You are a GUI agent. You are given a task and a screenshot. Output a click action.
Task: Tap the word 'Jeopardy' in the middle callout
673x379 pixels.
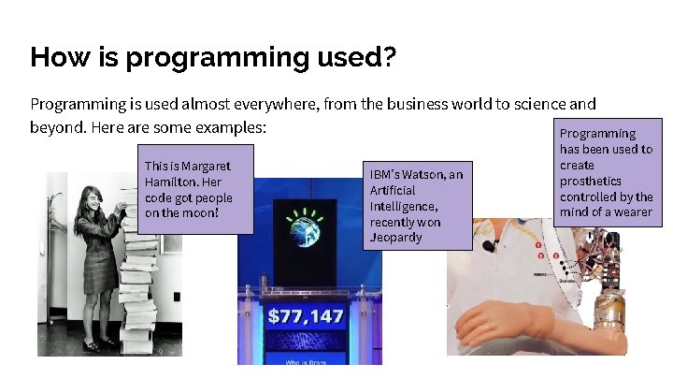(395, 237)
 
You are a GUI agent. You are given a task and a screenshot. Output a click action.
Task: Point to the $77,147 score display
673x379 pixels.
(306, 316)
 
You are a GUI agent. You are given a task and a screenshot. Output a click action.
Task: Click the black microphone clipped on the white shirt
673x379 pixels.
(488, 247)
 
